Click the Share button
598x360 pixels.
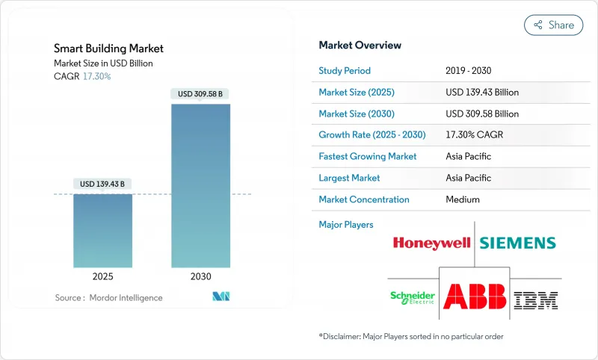[553, 25]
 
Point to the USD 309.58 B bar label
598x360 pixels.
[200, 94]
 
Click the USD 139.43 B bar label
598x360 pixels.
[102, 184]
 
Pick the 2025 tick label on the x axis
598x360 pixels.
[102, 276]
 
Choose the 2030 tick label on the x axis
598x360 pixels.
[200, 276]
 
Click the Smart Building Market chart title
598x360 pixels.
[108, 49]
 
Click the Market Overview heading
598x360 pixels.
[360, 46]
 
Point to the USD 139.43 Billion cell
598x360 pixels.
[481, 93]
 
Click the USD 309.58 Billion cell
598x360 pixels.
[481, 114]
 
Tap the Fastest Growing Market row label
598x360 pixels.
[368, 157]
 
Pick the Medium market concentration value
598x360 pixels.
[462, 199]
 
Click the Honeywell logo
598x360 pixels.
[431, 243]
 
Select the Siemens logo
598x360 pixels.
[517, 243]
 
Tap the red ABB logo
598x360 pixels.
[474, 296]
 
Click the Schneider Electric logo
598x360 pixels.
[412, 297]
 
